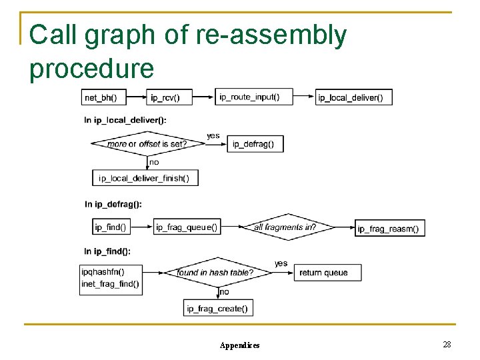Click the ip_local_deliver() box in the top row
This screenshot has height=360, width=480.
point(353,97)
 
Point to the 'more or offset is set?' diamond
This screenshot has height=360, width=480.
point(147,143)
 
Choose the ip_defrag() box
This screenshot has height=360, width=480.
point(255,143)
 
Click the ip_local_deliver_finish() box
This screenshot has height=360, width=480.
point(145,177)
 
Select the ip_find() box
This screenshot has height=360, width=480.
point(110,227)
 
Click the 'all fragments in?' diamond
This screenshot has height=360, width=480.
point(285,227)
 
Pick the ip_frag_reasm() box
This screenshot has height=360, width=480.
point(389,228)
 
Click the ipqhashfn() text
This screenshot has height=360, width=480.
point(103,272)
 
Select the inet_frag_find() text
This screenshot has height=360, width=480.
point(111,284)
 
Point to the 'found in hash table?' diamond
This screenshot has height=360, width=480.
point(215,273)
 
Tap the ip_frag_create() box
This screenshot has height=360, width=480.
point(218,308)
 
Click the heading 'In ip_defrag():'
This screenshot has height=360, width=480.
point(113,204)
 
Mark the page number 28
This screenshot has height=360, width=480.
point(447,344)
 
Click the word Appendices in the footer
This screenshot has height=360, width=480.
point(240,345)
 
